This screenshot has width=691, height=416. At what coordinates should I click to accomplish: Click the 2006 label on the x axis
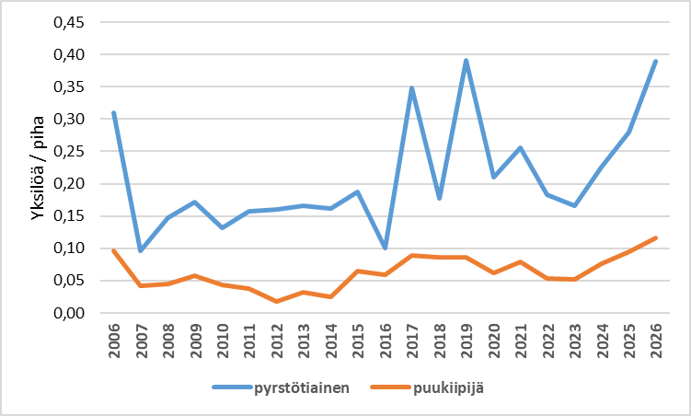[114, 342]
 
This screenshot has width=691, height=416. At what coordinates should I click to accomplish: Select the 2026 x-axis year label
[655, 342]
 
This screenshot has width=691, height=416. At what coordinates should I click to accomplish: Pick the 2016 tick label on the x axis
[385, 342]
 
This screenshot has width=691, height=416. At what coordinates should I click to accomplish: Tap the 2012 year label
[276, 342]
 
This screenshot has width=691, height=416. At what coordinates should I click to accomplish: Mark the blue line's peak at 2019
[466, 61]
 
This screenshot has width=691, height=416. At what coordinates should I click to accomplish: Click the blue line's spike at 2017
[412, 88]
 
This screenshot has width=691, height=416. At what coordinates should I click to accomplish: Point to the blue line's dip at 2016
[385, 248]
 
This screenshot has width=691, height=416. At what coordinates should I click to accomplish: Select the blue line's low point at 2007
[141, 250]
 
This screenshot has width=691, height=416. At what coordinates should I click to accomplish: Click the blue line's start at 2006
[114, 113]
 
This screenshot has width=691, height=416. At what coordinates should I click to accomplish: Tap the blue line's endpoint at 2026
[655, 62]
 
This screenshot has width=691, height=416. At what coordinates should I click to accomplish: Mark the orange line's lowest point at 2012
[276, 301]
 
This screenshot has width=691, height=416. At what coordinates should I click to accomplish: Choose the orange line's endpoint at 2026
[655, 237]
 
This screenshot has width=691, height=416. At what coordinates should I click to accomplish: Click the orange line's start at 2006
[114, 250]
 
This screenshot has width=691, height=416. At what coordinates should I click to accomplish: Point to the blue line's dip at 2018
[439, 198]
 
